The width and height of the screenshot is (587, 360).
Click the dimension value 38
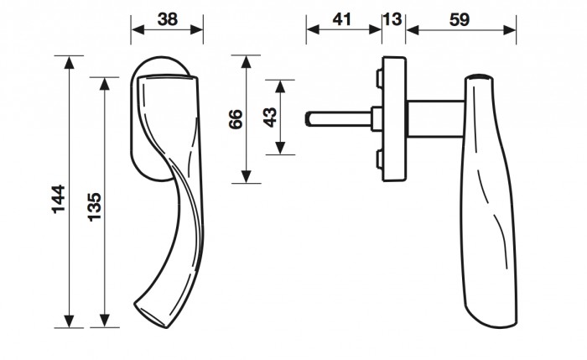168,19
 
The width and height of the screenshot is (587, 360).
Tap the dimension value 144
59,199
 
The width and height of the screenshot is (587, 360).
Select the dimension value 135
95,206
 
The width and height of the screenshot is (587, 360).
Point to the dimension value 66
236,119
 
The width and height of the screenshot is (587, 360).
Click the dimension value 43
270,117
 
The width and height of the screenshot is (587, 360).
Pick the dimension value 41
342,19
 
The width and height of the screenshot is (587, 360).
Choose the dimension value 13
393,19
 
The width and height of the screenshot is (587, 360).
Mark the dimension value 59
460,19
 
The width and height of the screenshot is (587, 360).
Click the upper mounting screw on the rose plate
379,79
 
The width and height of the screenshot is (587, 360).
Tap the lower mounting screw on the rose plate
379,159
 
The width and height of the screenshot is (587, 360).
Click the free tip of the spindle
307,119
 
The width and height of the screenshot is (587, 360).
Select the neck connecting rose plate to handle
436,119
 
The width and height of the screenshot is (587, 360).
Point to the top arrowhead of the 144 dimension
69,63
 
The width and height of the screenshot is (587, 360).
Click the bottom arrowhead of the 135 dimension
105,321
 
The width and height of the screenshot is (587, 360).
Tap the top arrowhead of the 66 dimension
246,62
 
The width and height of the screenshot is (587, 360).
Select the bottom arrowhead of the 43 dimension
280,148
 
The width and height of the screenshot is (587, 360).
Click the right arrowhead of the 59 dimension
510,30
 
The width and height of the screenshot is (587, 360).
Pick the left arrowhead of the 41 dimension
313,30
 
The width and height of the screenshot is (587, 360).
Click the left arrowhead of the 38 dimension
138,30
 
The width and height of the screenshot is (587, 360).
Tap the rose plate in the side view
394,119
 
